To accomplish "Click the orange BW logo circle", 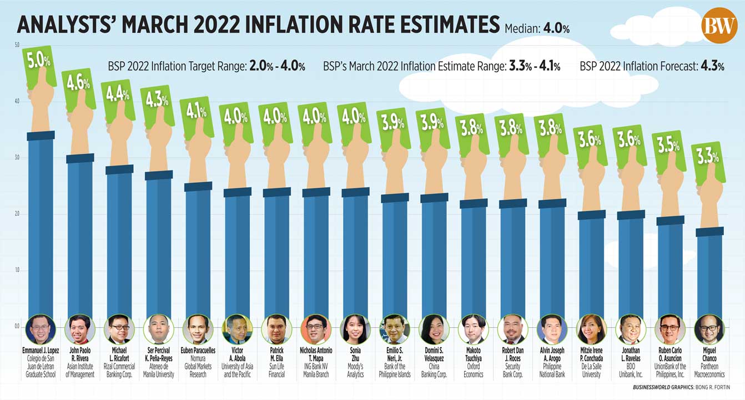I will coord(719,25).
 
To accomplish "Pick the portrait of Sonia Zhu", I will coord(355,329).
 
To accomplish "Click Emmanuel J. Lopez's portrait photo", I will coord(41,329).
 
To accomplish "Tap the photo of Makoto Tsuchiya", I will coord(474,329).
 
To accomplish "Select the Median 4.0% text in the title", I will coord(537,28).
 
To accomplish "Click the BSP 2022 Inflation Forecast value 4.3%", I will coord(712,67).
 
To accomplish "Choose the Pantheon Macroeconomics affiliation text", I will coord(709,371).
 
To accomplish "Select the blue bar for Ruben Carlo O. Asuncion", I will coord(670,267).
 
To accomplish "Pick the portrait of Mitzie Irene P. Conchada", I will coord(591,329).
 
